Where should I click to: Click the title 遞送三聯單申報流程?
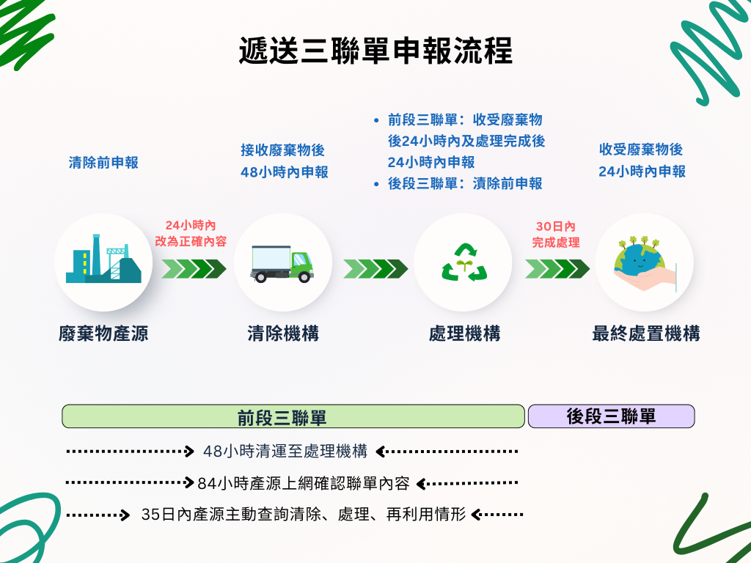click(x=375, y=51)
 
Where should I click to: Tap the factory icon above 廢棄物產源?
click(x=103, y=262)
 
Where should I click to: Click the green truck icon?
click(x=282, y=262)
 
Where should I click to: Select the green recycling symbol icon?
click(x=463, y=262)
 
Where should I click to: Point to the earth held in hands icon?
click(x=643, y=262)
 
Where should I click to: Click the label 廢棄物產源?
click(x=103, y=334)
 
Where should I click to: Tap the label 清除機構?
click(x=283, y=334)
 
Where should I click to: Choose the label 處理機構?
click(x=464, y=334)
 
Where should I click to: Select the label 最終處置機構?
click(x=645, y=334)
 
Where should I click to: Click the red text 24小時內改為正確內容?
click(x=190, y=232)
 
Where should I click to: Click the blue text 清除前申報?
click(x=103, y=163)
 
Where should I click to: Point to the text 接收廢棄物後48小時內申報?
click(x=284, y=161)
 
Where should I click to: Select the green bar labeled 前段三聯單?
click(x=293, y=416)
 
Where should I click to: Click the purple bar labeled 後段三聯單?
click(x=611, y=416)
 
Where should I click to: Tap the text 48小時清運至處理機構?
click(x=285, y=452)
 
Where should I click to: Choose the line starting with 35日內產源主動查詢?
click(x=303, y=515)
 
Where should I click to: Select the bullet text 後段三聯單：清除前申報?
click(x=465, y=184)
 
